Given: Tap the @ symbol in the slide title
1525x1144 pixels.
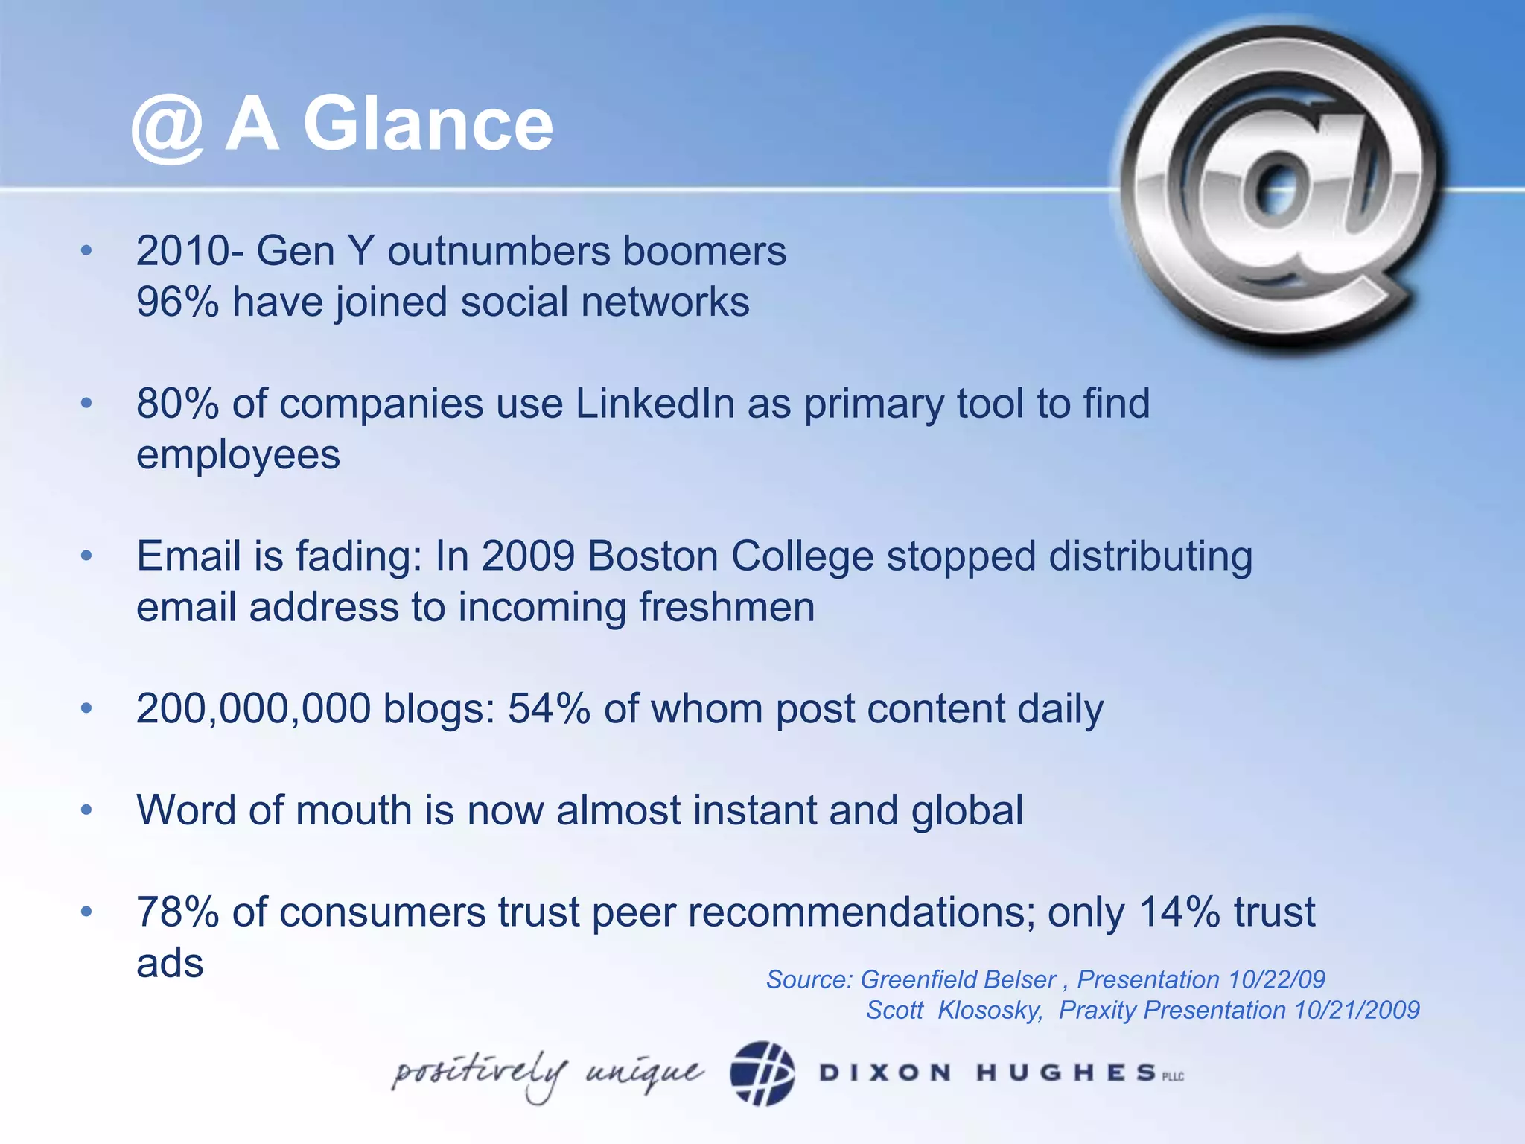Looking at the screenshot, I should click(168, 130).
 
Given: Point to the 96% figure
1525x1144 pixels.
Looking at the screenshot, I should click(177, 302).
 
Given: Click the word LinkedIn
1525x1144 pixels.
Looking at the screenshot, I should click(655, 404).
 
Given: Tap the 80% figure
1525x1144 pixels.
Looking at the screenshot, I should click(177, 404).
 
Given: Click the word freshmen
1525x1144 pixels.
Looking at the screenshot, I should click(727, 607).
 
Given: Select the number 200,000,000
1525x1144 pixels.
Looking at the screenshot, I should click(253, 708).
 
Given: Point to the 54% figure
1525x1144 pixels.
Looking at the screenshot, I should click(549, 708).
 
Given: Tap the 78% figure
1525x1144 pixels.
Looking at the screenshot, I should click(177, 912).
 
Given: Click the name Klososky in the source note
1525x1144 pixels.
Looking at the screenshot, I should click(990, 1011).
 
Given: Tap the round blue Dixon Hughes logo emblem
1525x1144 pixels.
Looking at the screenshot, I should click(762, 1073).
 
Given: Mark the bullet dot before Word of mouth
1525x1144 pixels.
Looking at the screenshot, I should click(87, 810).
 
